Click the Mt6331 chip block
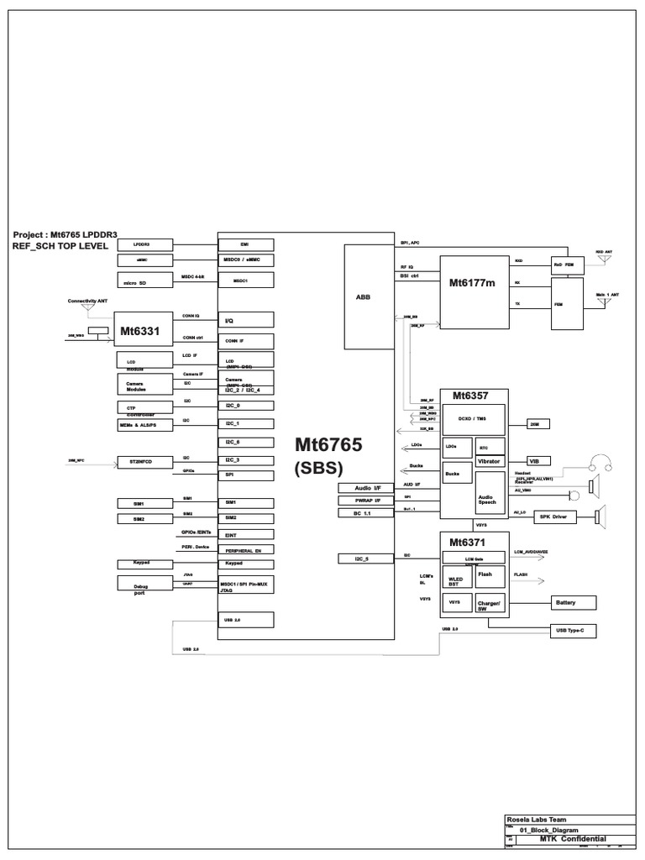[x=138, y=331]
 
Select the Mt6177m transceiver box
[x=475, y=282]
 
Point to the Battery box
[x=572, y=602]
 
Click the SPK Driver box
[x=553, y=517]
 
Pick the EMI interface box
[x=245, y=244]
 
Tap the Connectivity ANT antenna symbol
[x=87, y=308]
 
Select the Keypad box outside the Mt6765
[x=141, y=564]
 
